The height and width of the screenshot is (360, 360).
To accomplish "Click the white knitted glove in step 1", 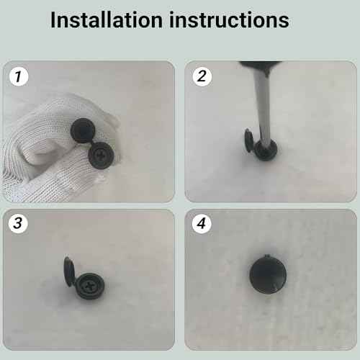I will click(x=36, y=155).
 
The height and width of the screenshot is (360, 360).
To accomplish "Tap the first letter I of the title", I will click(x=53, y=20).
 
